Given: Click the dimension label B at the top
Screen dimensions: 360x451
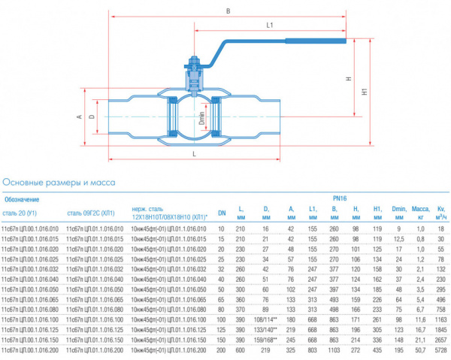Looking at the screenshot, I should (229, 11).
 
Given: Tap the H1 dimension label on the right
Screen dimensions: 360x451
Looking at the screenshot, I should (365, 93).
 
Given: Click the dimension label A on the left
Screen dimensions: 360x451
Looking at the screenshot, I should (79, 117).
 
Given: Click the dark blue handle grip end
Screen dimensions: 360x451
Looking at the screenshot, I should (331, 41).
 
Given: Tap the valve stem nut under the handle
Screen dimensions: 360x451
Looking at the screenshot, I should (192, 65).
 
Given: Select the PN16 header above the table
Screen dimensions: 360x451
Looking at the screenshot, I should (337, 198).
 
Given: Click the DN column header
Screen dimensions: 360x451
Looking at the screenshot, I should (222, 212).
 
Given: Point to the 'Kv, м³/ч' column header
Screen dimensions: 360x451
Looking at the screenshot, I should (441, 212).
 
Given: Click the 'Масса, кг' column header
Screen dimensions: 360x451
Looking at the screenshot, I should (420, 212).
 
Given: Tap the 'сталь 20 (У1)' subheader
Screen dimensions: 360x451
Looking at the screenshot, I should (26, 213).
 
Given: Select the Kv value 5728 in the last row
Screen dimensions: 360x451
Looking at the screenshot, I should (440, 350).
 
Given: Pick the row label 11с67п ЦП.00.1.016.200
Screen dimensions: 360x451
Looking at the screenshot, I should (30, 350).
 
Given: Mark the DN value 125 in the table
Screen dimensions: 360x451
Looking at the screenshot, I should (222, 330).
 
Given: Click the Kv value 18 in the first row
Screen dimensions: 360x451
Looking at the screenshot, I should (441, 228).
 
